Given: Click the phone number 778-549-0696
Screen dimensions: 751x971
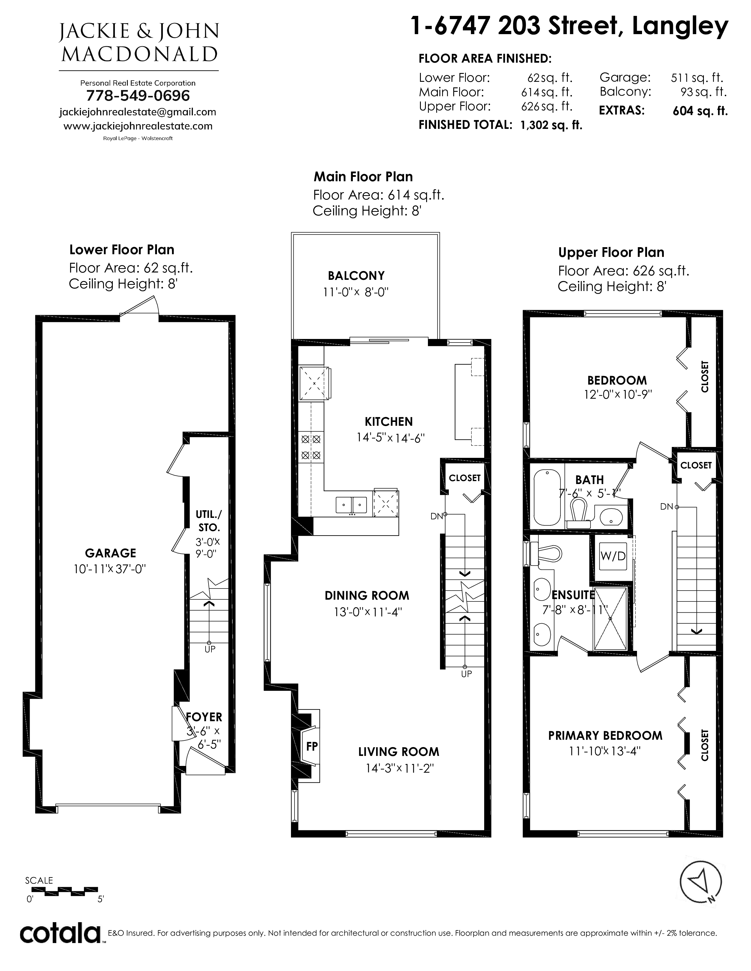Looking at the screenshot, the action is click(138, 96).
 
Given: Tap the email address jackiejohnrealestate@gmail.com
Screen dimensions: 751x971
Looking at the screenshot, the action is click(138, 112).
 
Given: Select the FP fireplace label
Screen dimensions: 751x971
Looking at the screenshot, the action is click(312, 746).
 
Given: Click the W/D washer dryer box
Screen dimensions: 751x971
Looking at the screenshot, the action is click(613, 556).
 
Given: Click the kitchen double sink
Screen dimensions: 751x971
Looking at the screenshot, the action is click(351, 505).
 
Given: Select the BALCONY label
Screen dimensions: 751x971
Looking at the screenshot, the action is click(356, 276).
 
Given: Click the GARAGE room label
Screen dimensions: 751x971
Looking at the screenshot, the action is click(110, 553).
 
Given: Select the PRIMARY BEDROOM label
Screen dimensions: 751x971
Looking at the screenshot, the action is click(605, 735).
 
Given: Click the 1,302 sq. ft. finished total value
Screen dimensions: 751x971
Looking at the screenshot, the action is click(551, 125).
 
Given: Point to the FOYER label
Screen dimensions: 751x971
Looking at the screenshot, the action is click(204, 717).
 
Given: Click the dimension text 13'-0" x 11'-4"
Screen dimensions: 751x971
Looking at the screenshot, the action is click(368, 612).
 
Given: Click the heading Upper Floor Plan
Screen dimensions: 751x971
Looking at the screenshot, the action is click(611, 252).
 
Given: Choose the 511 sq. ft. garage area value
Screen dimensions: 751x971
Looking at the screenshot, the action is click(697, 78).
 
